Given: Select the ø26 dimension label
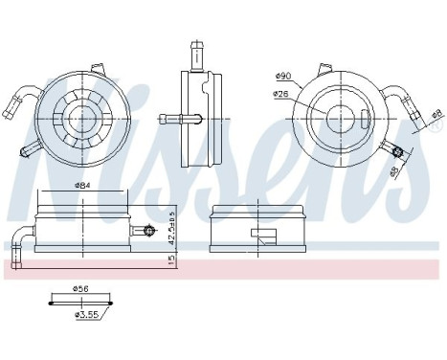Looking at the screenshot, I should point(280,94).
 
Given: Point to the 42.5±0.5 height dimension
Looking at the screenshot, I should point(169,230).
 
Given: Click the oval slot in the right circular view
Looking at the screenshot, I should point(368,121).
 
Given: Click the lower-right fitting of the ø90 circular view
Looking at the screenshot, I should point(395,149).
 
